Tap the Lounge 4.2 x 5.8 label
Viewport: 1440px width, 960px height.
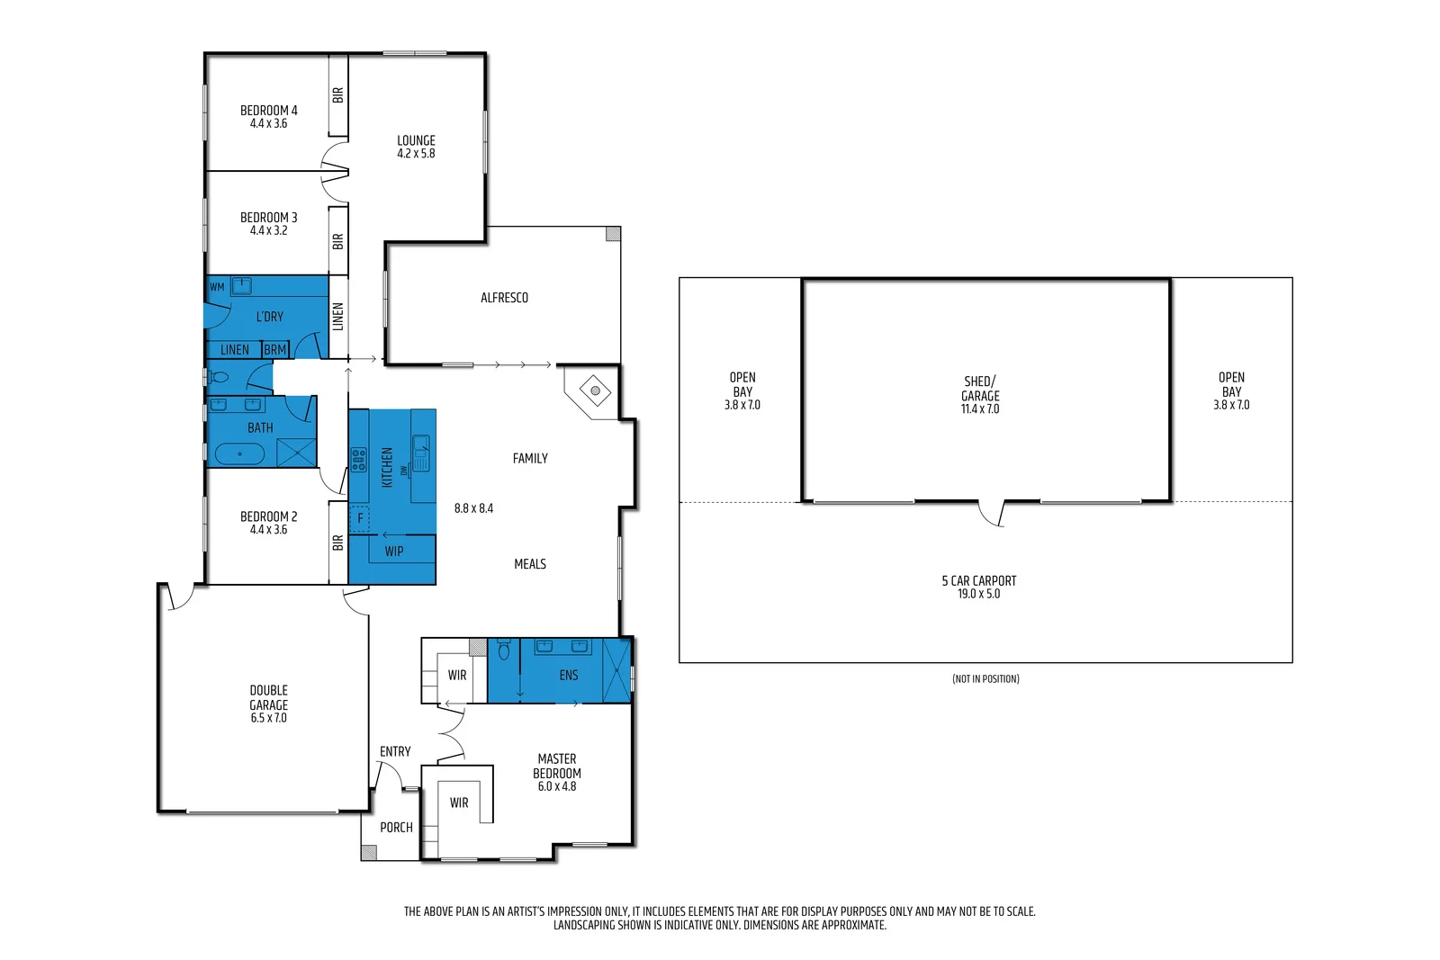[416, 147]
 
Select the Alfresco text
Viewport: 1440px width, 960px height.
[504, 298]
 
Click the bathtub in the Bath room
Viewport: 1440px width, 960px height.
[239, 453]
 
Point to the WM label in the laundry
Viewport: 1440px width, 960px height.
[217, 287]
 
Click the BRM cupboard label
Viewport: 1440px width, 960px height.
[275, 350]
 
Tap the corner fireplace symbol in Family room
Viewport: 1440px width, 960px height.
[595, 390]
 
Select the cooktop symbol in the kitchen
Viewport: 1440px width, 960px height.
[358, 460]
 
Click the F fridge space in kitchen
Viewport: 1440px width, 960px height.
[360, 518]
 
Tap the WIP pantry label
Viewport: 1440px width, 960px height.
[393, 552]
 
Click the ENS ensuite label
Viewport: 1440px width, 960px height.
[568, 675]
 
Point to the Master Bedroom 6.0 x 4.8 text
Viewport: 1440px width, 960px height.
[557, 772]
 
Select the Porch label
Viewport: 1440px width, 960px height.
[396, 827]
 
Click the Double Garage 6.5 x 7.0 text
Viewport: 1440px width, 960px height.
[268, 704]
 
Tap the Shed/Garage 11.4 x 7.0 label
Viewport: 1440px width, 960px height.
[980, 394]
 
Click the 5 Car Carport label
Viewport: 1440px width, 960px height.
[979, 587]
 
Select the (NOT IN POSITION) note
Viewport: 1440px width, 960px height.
[985, 678]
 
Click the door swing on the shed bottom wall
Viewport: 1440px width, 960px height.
[991, 513]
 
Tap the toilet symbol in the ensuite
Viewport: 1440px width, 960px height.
[504, 650]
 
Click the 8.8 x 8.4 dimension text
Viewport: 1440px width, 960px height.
[473, 508]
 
